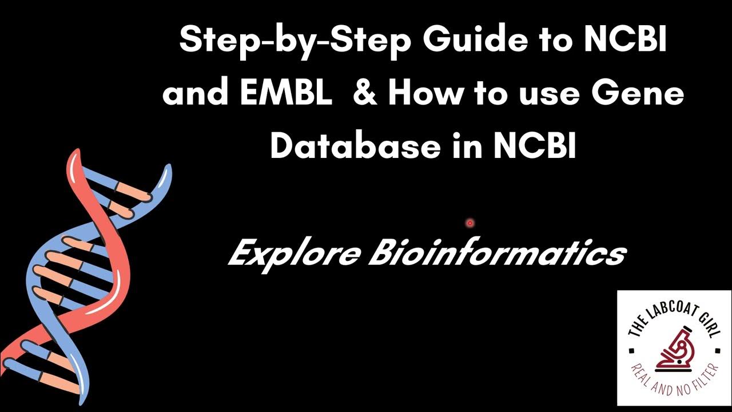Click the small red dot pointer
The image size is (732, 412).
point(470,223)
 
